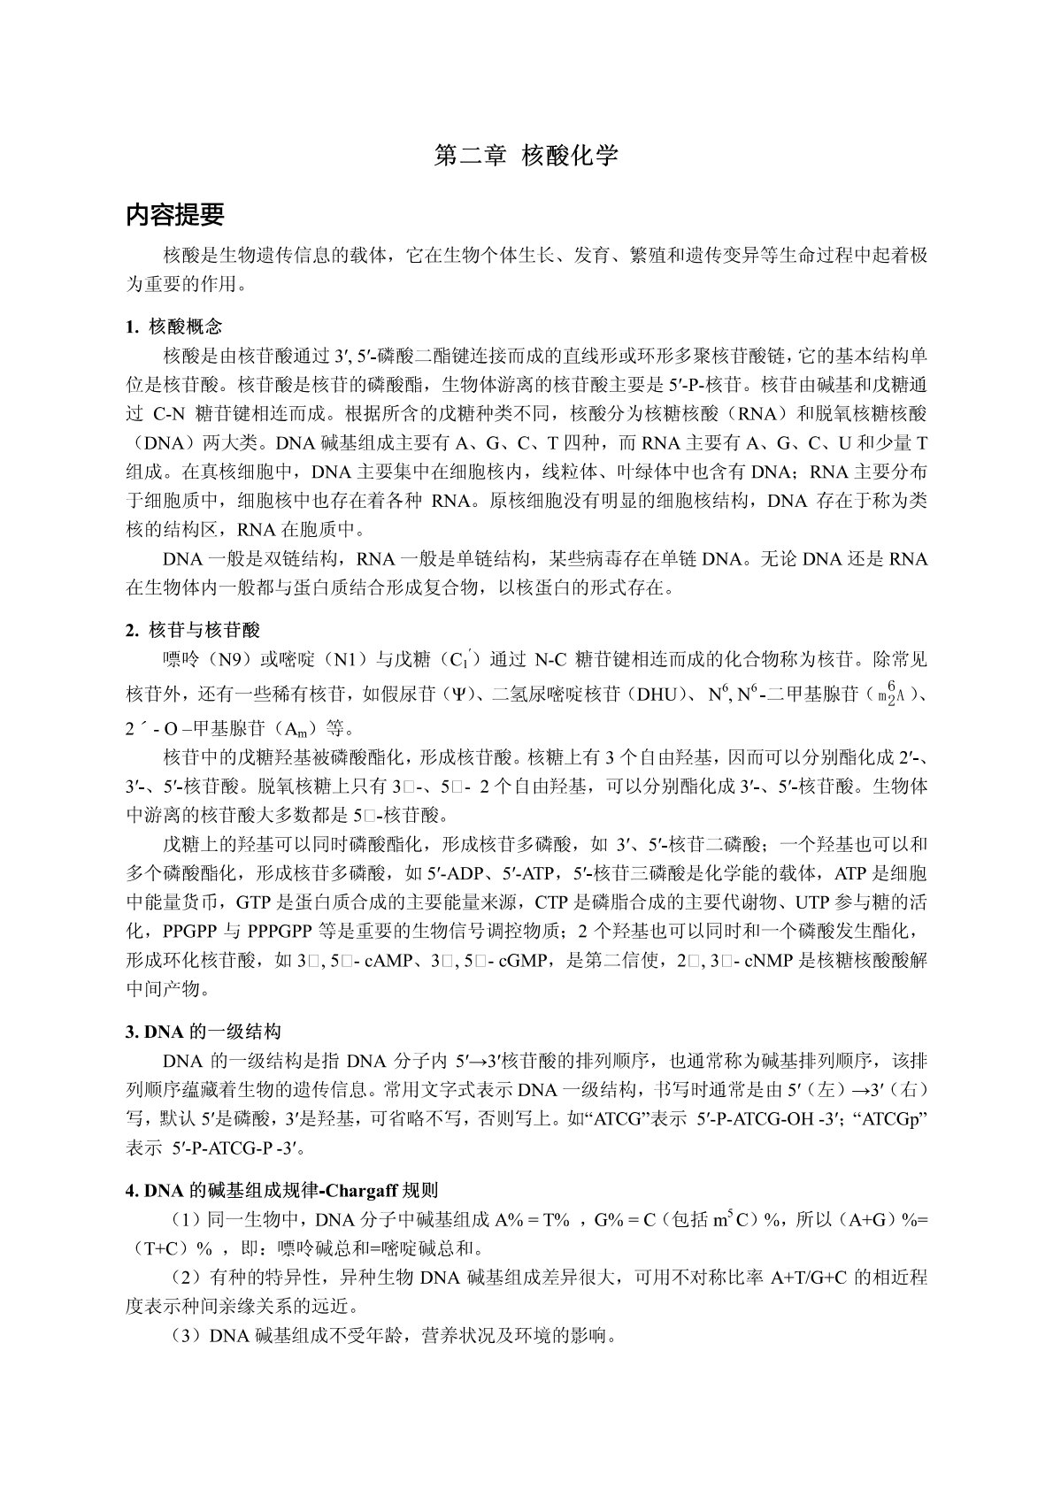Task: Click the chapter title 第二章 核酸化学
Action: point(526,157)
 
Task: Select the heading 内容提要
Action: point(175,215)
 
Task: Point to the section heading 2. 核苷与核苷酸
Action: point(193,630)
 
